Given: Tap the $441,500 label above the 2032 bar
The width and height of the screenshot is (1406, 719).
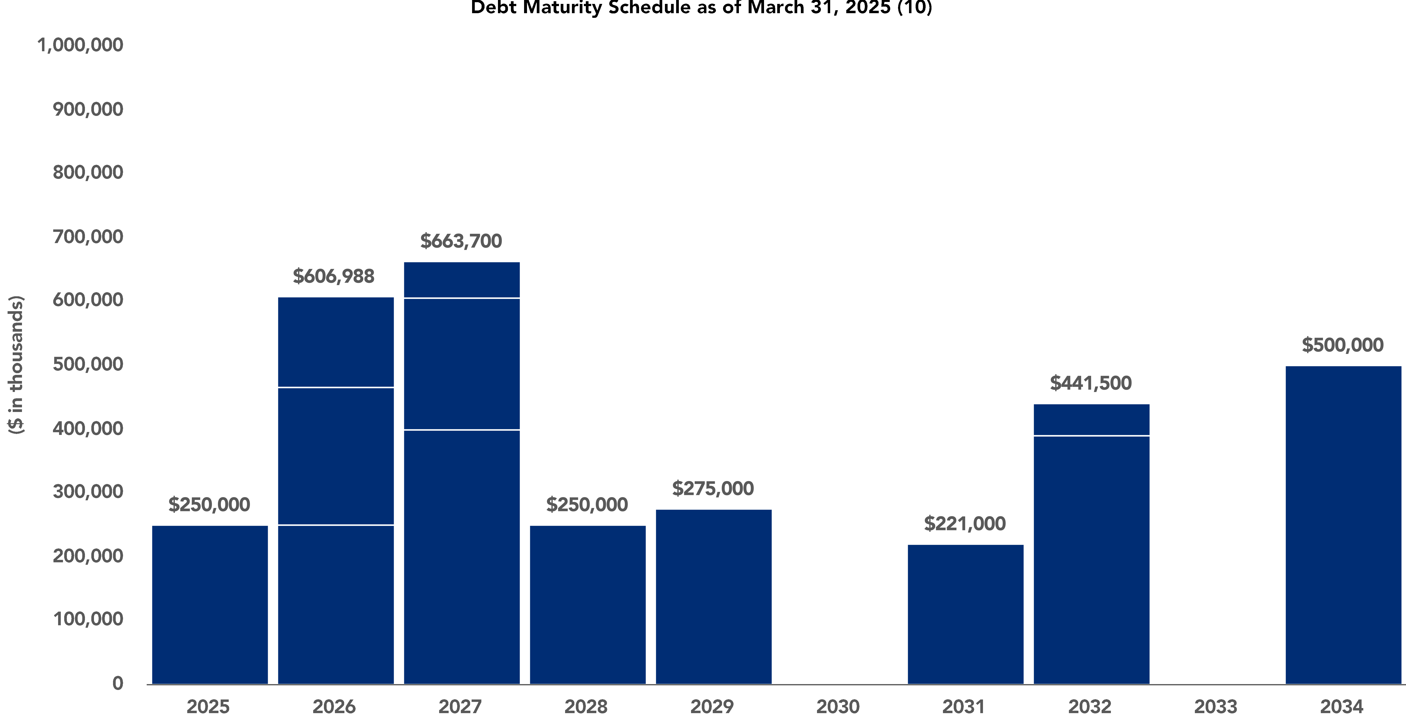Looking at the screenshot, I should point(1091,383).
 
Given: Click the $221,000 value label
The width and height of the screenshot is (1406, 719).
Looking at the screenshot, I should point(964,524).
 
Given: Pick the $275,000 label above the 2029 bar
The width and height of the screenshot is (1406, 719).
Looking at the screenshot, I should point(713,488).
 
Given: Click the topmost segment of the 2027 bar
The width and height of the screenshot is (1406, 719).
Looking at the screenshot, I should point(462,280).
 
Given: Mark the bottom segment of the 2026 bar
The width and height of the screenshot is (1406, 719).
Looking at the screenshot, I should point(336,605).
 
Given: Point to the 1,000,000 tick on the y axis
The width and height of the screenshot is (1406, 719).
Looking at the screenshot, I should point(80,45).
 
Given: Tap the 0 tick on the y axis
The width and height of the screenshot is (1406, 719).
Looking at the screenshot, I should point(117,683).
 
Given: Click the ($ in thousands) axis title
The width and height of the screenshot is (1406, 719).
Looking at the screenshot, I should point(16,364).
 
